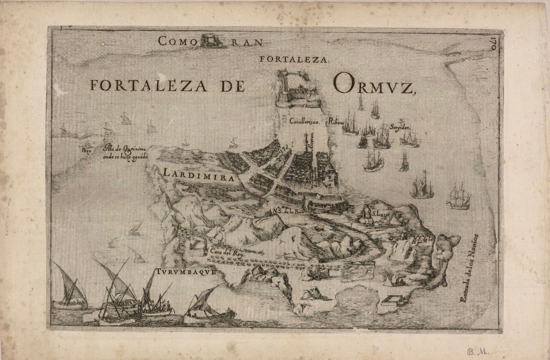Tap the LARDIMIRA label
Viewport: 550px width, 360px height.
click(x=199, y=174)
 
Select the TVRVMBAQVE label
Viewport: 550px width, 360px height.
click(x=187, y=272)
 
